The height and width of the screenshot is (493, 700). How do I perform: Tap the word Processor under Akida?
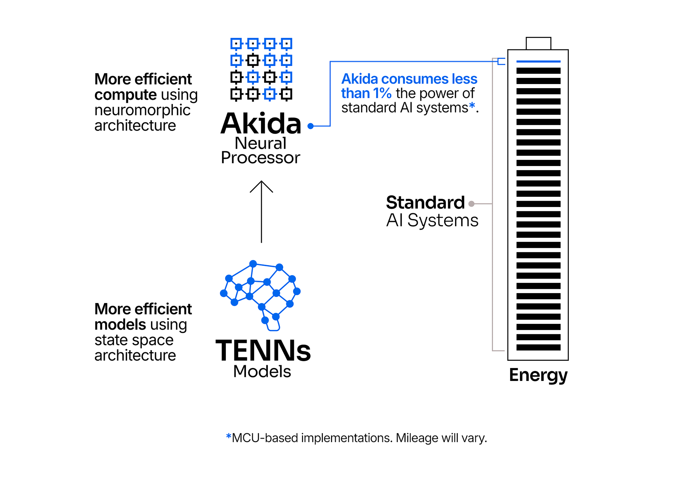(261, 158)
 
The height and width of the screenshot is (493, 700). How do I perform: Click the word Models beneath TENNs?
(262, 371)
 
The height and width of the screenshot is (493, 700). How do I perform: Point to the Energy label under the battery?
(538, 375)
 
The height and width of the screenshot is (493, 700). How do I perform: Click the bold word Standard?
(425, 203)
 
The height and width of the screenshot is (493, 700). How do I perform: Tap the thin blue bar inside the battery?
(538, 62)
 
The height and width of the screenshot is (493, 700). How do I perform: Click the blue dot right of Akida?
(311, 126)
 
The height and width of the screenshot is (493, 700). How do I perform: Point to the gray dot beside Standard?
(471, 204)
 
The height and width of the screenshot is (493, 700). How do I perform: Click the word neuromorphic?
(142, 110)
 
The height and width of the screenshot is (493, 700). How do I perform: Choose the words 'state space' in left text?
(134, 340)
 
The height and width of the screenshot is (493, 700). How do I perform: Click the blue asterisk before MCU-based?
(228, 436)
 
